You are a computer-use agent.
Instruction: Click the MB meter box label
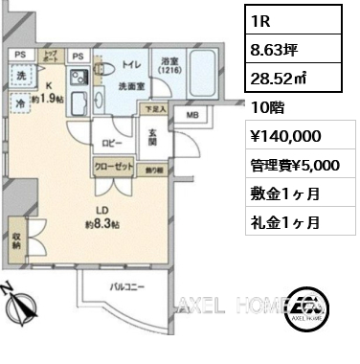[191, 118]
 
